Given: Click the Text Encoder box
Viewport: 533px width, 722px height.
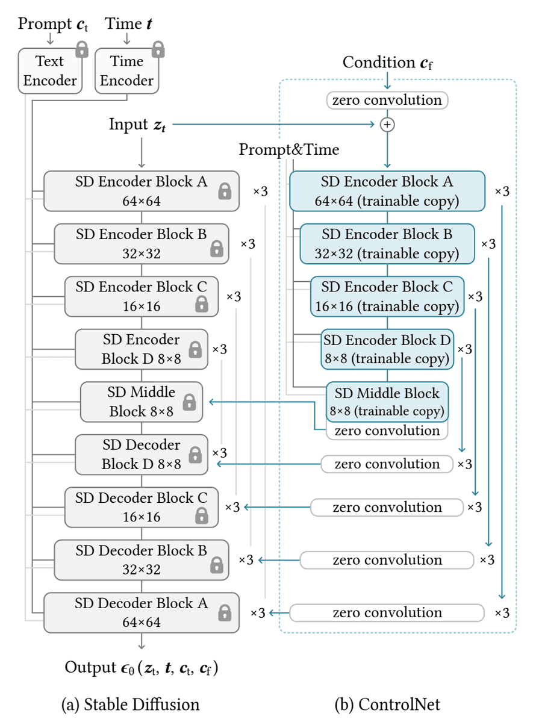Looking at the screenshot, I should click(49, 71).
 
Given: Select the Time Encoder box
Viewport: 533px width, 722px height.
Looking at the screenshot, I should click(126, 71).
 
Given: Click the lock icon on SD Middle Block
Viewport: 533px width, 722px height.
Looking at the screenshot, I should click(189, 402).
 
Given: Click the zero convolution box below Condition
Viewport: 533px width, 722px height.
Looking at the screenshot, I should click(387, 100).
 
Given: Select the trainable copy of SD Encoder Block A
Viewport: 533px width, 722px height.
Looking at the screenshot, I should click(387, 191).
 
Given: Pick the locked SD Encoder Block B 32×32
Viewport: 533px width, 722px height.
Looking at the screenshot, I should click(142, 244).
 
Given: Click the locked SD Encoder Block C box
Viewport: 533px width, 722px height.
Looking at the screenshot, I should click(142, 296).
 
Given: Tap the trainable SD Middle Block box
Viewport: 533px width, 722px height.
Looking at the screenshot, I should click(387, 402).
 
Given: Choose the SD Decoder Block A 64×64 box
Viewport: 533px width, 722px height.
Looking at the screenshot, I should click(142, 612).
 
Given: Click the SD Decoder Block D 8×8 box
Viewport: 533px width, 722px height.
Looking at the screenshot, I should click(142, 455).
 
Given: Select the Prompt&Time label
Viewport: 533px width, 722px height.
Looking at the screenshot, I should click(289, 149).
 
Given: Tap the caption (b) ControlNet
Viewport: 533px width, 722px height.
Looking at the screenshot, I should click(387, 703).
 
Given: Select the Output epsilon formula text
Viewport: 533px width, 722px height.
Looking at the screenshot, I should click(142, 668).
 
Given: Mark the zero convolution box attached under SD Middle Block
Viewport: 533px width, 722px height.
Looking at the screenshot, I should click(387, 431).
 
